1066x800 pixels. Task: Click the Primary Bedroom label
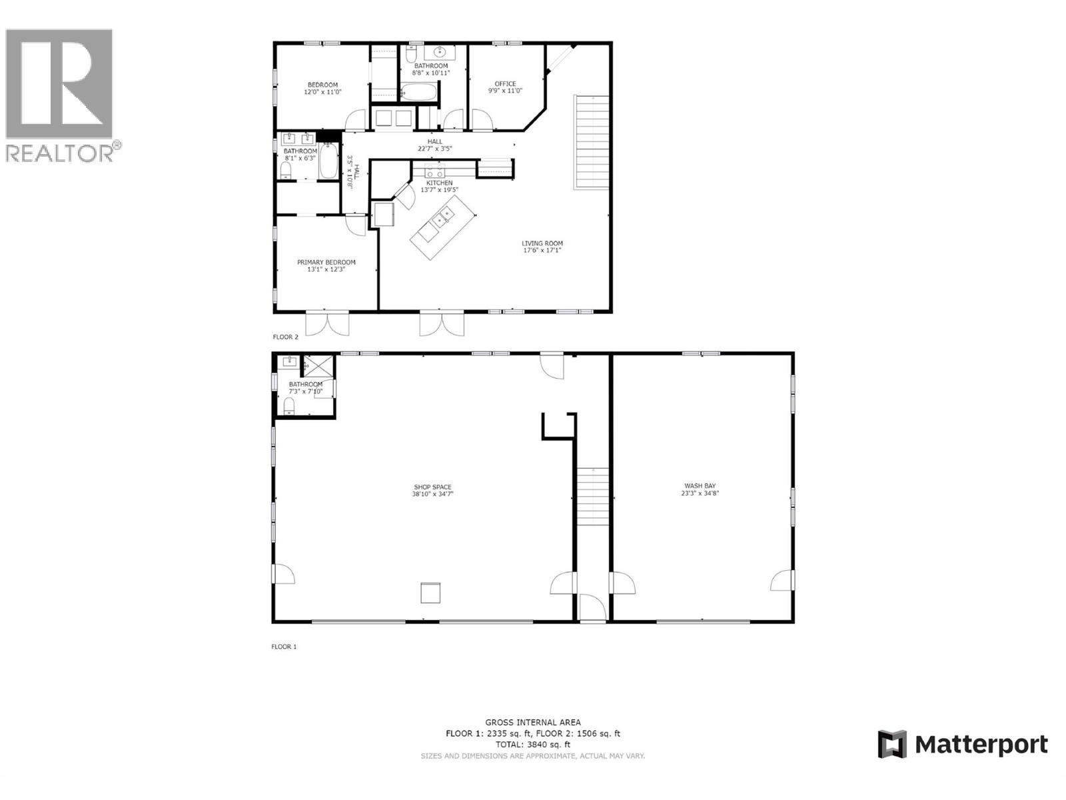pyautogui.click(x=326, y=266)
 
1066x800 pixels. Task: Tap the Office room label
pyautogui.click(x=505, y=87)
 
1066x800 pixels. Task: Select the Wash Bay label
pyautogui.click(x=700, y=489)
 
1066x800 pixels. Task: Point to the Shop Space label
pyautogui.click(x=432, y=491)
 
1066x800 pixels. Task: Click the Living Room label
pyautogui.click(x=542, y=247)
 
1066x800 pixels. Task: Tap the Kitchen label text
pyautogui.click(x=439, y=183)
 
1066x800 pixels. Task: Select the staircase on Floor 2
pyautogui.click(x=592, y=142)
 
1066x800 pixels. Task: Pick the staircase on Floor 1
pyautogui.click(x=593, y=497)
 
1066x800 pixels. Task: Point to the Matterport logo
pyautogui.click(x=963, y=744)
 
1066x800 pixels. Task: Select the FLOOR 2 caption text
pyautogui.click(x=285, y=337)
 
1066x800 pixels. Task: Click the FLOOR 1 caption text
pyautogui.click(x=284, y=647)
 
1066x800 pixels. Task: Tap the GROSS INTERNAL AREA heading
pyautogui.click(x=532, y=722)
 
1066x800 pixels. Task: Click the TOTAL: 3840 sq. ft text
pyautogui.click(x=532, y=744)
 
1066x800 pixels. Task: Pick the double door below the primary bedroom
pyautogui.click(x=326, y=324)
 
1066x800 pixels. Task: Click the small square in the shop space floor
pyautogui.click(x=430, y=593)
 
